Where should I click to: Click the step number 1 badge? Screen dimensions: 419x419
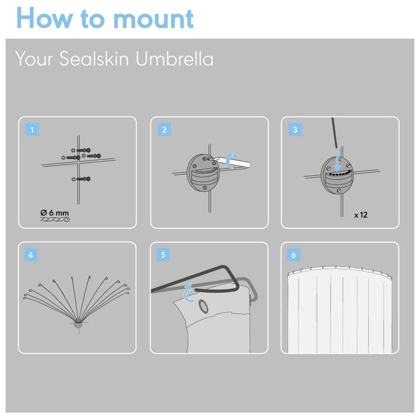pyautogui.click(x=32, y=129)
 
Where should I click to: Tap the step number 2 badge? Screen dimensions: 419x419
pyautogui.click(x=164, y=129)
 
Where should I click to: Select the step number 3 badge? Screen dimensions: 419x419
pyautogui.click(x=295, y=129)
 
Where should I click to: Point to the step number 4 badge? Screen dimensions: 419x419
pyautogui.click(x=31, y=255)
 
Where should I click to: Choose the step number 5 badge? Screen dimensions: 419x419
pyautogui.click(x=163, y=255)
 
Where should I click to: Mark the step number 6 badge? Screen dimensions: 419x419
pyautogui.click(x=293, y=255)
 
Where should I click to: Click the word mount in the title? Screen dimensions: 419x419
pyautogui.click(x=153, y=19)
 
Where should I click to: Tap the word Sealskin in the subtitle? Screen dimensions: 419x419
pyautogui.click(x=94, y=59)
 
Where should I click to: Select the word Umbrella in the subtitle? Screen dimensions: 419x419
pyautogui.click(x=175, y=59)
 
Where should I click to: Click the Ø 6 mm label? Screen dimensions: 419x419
pyautogui.click(x=54, y=213)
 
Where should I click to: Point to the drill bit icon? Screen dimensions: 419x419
pyautogui.click(x=55, y=220)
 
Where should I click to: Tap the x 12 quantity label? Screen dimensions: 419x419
pyautogui.click(x=361, y=215)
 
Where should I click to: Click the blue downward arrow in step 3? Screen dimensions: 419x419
pyautogui.click(x=337, y=162)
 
